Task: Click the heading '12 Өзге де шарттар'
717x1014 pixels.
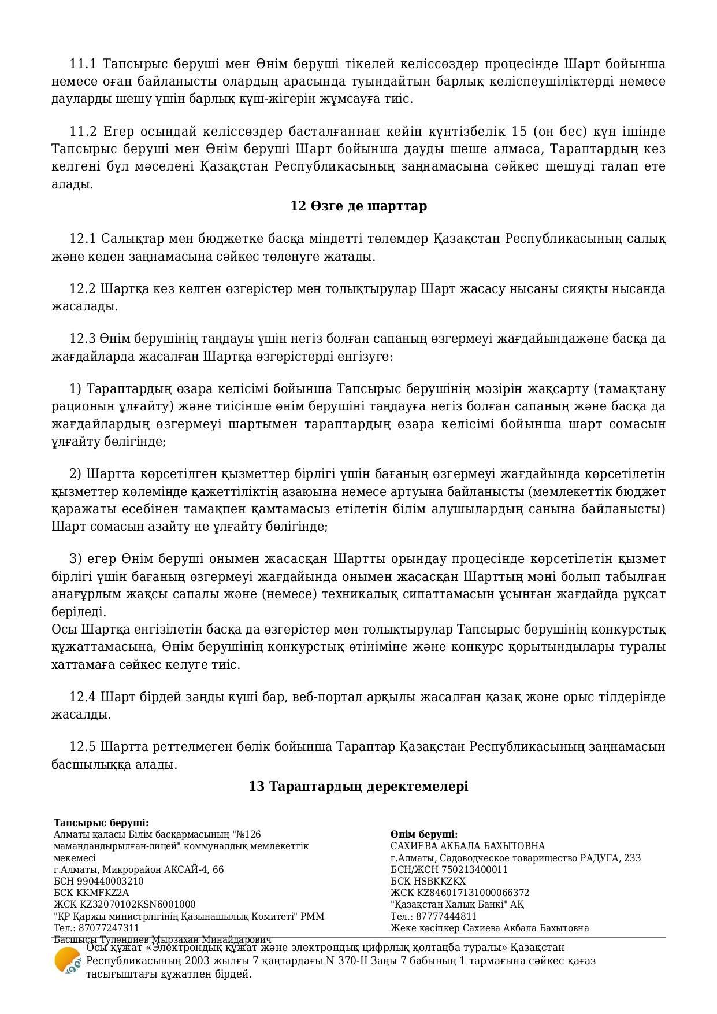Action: tap(358, 206)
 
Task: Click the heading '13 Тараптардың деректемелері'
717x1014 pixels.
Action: tap(358, 786)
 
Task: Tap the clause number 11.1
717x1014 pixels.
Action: tap(83, 64)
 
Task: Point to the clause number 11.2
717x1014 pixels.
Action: tap(83, 131)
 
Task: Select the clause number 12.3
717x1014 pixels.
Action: tap(83, 338)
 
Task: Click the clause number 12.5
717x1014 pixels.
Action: tap(83, 747)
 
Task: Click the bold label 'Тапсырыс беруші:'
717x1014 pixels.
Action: tap(101, 823)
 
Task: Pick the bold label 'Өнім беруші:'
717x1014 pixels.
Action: tap(424, 834)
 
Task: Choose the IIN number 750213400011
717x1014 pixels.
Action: tap(470, 869)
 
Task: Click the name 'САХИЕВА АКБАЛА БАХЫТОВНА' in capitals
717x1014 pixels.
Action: tap(467, 846)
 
